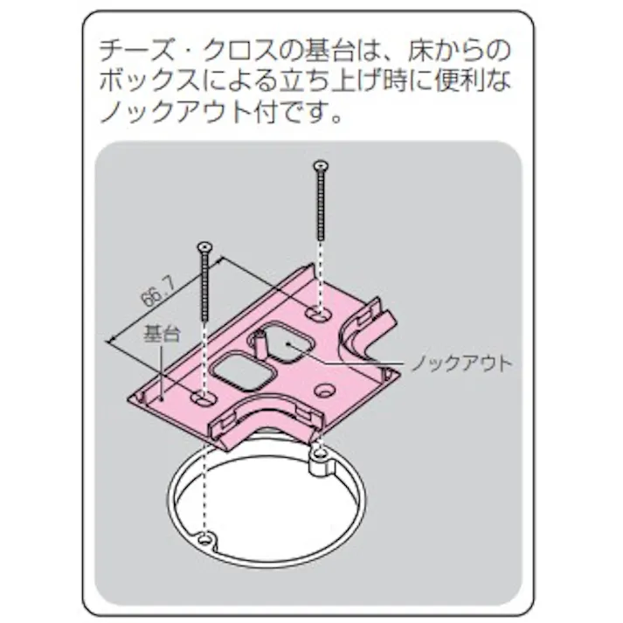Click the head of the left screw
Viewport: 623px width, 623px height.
(204, 247)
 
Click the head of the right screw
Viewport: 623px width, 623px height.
(320, 165)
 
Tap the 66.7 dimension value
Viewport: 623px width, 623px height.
(154, 287)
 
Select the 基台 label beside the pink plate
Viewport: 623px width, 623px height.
(161, 333)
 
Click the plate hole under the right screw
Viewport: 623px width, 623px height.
(319, 310)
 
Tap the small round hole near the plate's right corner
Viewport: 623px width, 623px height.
(325, 388)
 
